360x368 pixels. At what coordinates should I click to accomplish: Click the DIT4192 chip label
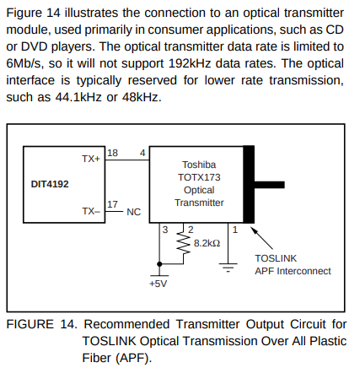[50, 184]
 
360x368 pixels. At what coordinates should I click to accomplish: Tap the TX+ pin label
[91, 159]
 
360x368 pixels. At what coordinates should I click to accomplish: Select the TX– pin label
[91, 211]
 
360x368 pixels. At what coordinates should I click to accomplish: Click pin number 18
[112, 153]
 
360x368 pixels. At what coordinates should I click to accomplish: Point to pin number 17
[112, 204]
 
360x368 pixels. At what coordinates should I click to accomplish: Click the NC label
[133, 212]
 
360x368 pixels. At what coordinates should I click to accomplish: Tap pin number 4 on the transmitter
[142, 153]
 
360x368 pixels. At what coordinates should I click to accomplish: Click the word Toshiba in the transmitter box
[199, 165]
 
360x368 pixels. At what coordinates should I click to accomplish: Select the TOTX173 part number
[199, 177]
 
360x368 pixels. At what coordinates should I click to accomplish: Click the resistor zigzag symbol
[183, 243]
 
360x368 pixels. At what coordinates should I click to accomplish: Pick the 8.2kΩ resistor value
[207, 243]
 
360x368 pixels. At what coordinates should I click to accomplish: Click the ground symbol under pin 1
[228, 268]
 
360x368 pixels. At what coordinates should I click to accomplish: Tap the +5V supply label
[159, 284]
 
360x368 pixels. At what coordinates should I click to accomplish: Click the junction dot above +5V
[159, 264]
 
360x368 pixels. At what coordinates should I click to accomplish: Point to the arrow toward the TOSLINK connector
[261, 239]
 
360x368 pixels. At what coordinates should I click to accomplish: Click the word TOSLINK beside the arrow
[276, 258]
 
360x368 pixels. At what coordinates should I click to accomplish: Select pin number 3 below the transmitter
[165, 230]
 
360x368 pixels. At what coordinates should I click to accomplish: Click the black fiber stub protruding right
[269, 185]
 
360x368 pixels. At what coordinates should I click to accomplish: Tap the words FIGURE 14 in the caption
[41, 324]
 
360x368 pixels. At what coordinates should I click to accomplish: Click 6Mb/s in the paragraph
[24, 63]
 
